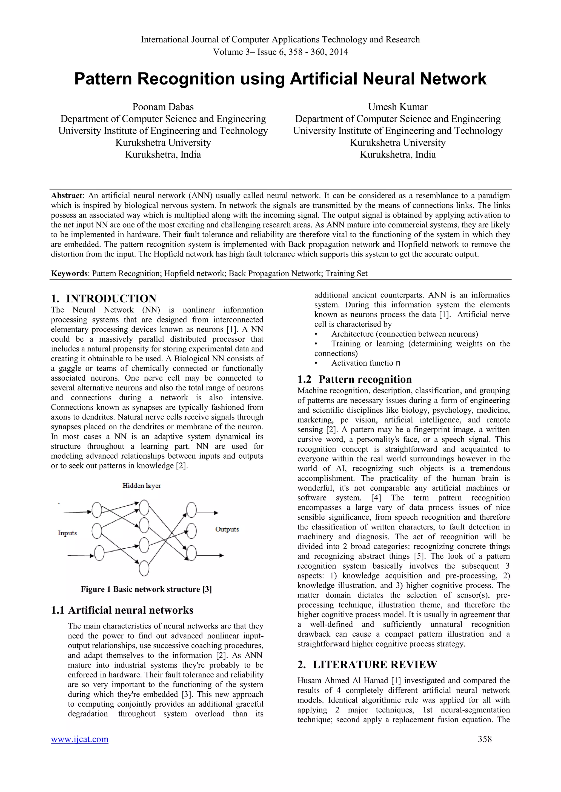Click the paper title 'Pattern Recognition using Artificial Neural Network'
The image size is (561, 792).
coord(280,79)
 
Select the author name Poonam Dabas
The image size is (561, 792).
coord(163,107)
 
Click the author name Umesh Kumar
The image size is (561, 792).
coord(398,107)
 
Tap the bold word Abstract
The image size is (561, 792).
coord(67,196)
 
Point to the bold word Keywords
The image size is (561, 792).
coord(69,273)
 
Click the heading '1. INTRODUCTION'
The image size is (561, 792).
coord(104,298)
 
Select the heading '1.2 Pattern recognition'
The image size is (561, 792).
coord(354,379)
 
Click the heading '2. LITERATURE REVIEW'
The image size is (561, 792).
coord(367,664)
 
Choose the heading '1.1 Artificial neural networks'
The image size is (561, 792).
coord(122,610)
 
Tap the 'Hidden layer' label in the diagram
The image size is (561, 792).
coord(142,486)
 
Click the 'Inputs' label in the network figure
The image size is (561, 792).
coord(67,533)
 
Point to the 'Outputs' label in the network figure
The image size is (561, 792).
coord(227,529)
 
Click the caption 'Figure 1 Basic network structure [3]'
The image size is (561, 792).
coord(146,589)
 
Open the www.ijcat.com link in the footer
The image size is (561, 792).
coord(79,739)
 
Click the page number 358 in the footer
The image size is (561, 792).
coord(485,739)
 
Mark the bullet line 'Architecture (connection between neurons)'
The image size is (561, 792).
coord(404,334)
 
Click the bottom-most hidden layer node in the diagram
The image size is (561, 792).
coord(144,568)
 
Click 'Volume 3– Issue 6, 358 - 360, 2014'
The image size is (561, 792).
coord(280,52)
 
